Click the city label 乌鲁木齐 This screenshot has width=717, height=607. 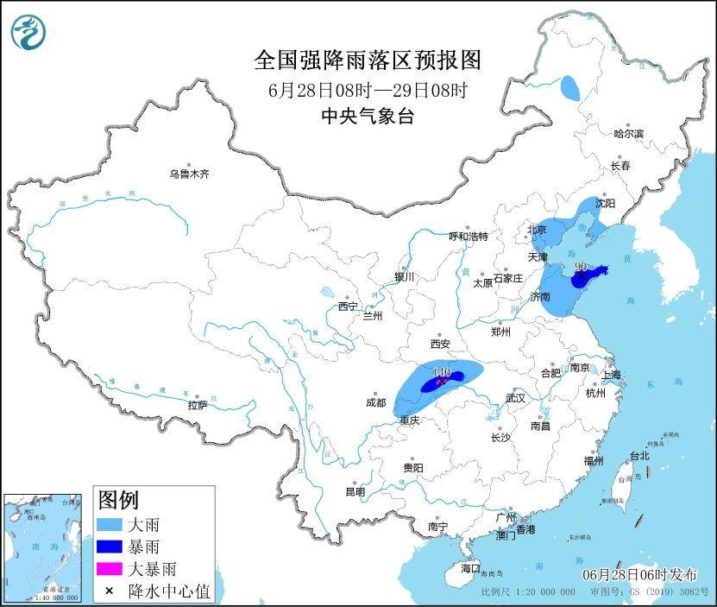pos(189,174)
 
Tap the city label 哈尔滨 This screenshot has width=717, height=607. pos(628,134)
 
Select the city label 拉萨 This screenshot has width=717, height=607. pos(197,405)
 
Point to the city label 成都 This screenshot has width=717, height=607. pos(376,402)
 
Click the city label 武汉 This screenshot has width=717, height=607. pos(515,398)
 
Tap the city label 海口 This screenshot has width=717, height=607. pos(469,568)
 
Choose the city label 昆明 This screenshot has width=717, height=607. pos(355,491)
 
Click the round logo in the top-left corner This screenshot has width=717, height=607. pos(28,33)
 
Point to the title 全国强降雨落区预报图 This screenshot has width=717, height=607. pos(368,60)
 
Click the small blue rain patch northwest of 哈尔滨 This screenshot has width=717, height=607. pos(569,87)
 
